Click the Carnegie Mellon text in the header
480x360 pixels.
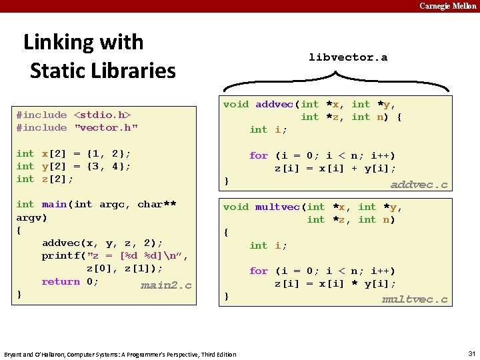coord(447,6)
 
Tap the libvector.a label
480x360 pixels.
coord(347,57)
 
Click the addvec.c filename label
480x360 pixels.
coord(419,185)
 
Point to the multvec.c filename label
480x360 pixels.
coord(414,299)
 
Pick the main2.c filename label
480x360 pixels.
coord(166,285)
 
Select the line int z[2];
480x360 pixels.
coord(45,179)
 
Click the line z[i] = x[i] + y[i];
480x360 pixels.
coord(335,168)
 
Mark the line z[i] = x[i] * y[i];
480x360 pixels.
coord(335,283)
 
